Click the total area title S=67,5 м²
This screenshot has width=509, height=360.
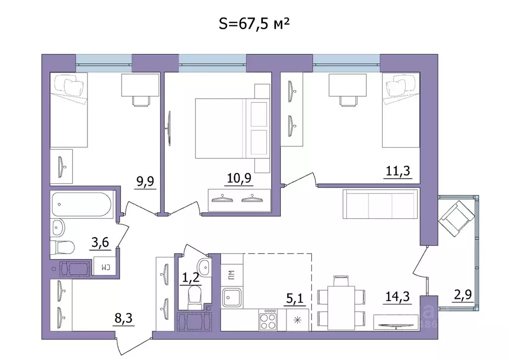(x=254, y=23)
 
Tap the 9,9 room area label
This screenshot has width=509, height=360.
(x=146, y=181)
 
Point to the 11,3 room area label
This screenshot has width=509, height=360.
(x=399, y=172)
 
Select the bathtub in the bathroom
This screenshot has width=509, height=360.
(x=82, y=204)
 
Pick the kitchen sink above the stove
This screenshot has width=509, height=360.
(x=232, y=297)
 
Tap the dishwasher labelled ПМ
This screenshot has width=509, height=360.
(x=231, y=273)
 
